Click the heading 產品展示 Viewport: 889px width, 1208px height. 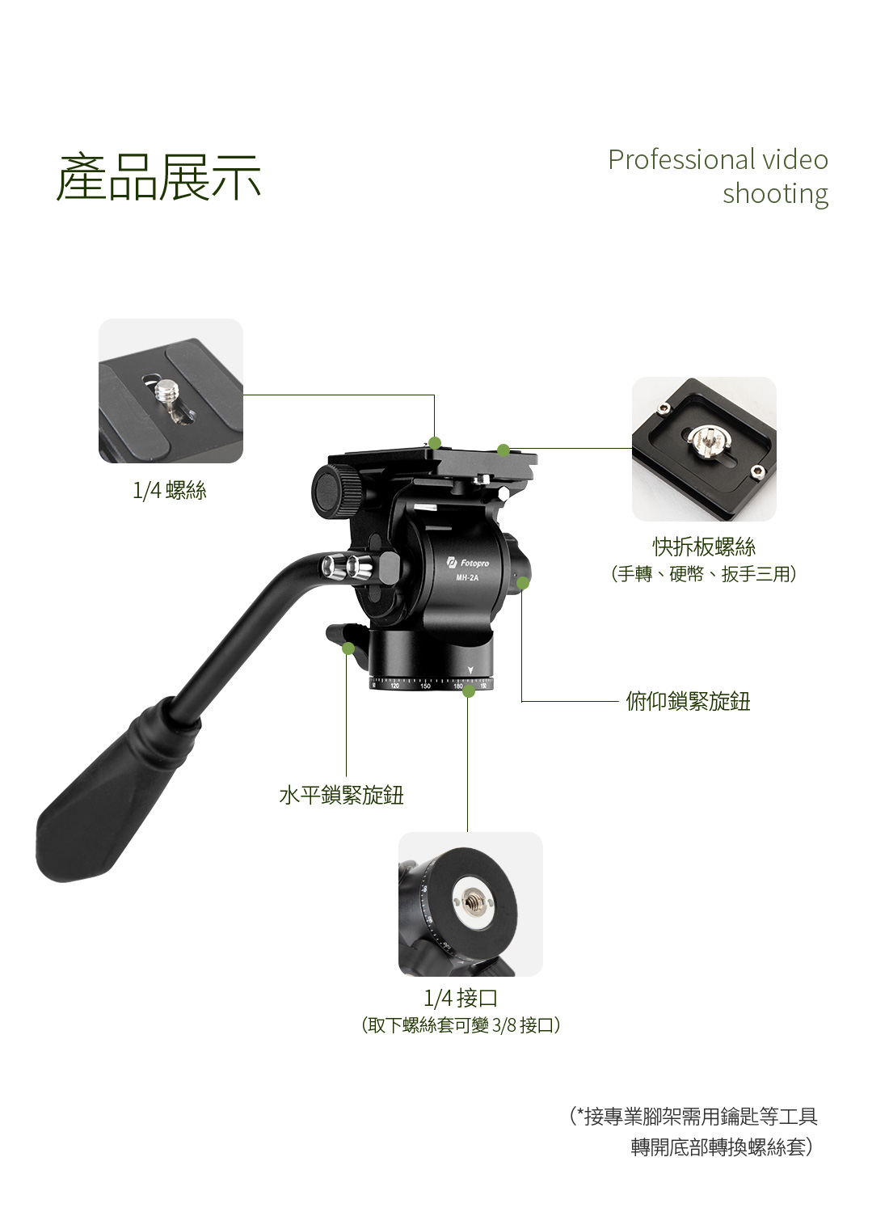coord(158,177)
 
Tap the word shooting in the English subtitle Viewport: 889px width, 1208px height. coord(775,194)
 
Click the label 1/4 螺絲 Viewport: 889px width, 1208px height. coord(170,490)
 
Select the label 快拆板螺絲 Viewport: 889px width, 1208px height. coord(704,547)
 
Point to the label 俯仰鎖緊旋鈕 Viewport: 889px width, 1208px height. coord(689,701)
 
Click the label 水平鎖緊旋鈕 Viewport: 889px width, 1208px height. coord(342,795)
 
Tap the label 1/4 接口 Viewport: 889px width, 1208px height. coord(461,998)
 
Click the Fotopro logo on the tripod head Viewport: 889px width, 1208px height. coord(469,564)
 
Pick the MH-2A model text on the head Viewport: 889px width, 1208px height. coord(467,578)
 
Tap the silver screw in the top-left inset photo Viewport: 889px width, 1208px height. coord(167,394)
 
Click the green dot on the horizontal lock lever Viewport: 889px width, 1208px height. coord(348,648)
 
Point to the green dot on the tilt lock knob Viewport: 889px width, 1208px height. coord(522,583)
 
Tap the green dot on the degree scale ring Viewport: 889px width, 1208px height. coord(469,691)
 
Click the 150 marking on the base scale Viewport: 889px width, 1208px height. coord(425,686)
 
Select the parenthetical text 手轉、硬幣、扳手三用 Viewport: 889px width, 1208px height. coord(704,574)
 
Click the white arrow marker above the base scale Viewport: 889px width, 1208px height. coord(470,670)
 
